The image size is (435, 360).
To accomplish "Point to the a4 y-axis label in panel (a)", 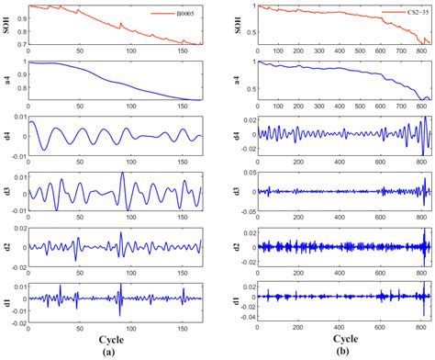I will (x=9, y=81).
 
